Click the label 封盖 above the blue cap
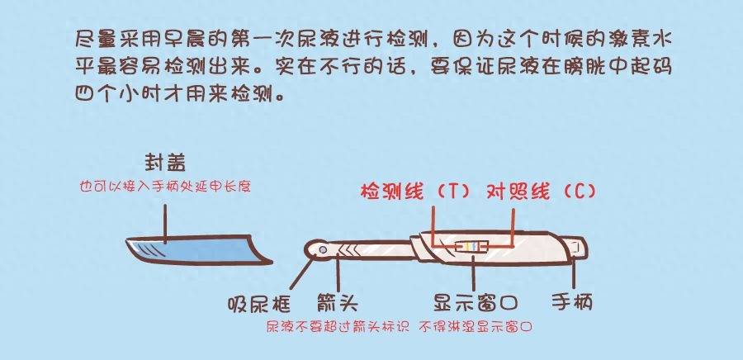165,163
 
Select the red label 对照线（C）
541,192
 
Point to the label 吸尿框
258,303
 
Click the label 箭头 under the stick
338,303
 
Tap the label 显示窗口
476,302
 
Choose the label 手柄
572,302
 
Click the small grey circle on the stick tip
323,249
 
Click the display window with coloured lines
472,247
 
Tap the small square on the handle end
577,247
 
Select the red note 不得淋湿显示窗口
476,327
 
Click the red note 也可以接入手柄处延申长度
165,186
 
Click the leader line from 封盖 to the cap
165,225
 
